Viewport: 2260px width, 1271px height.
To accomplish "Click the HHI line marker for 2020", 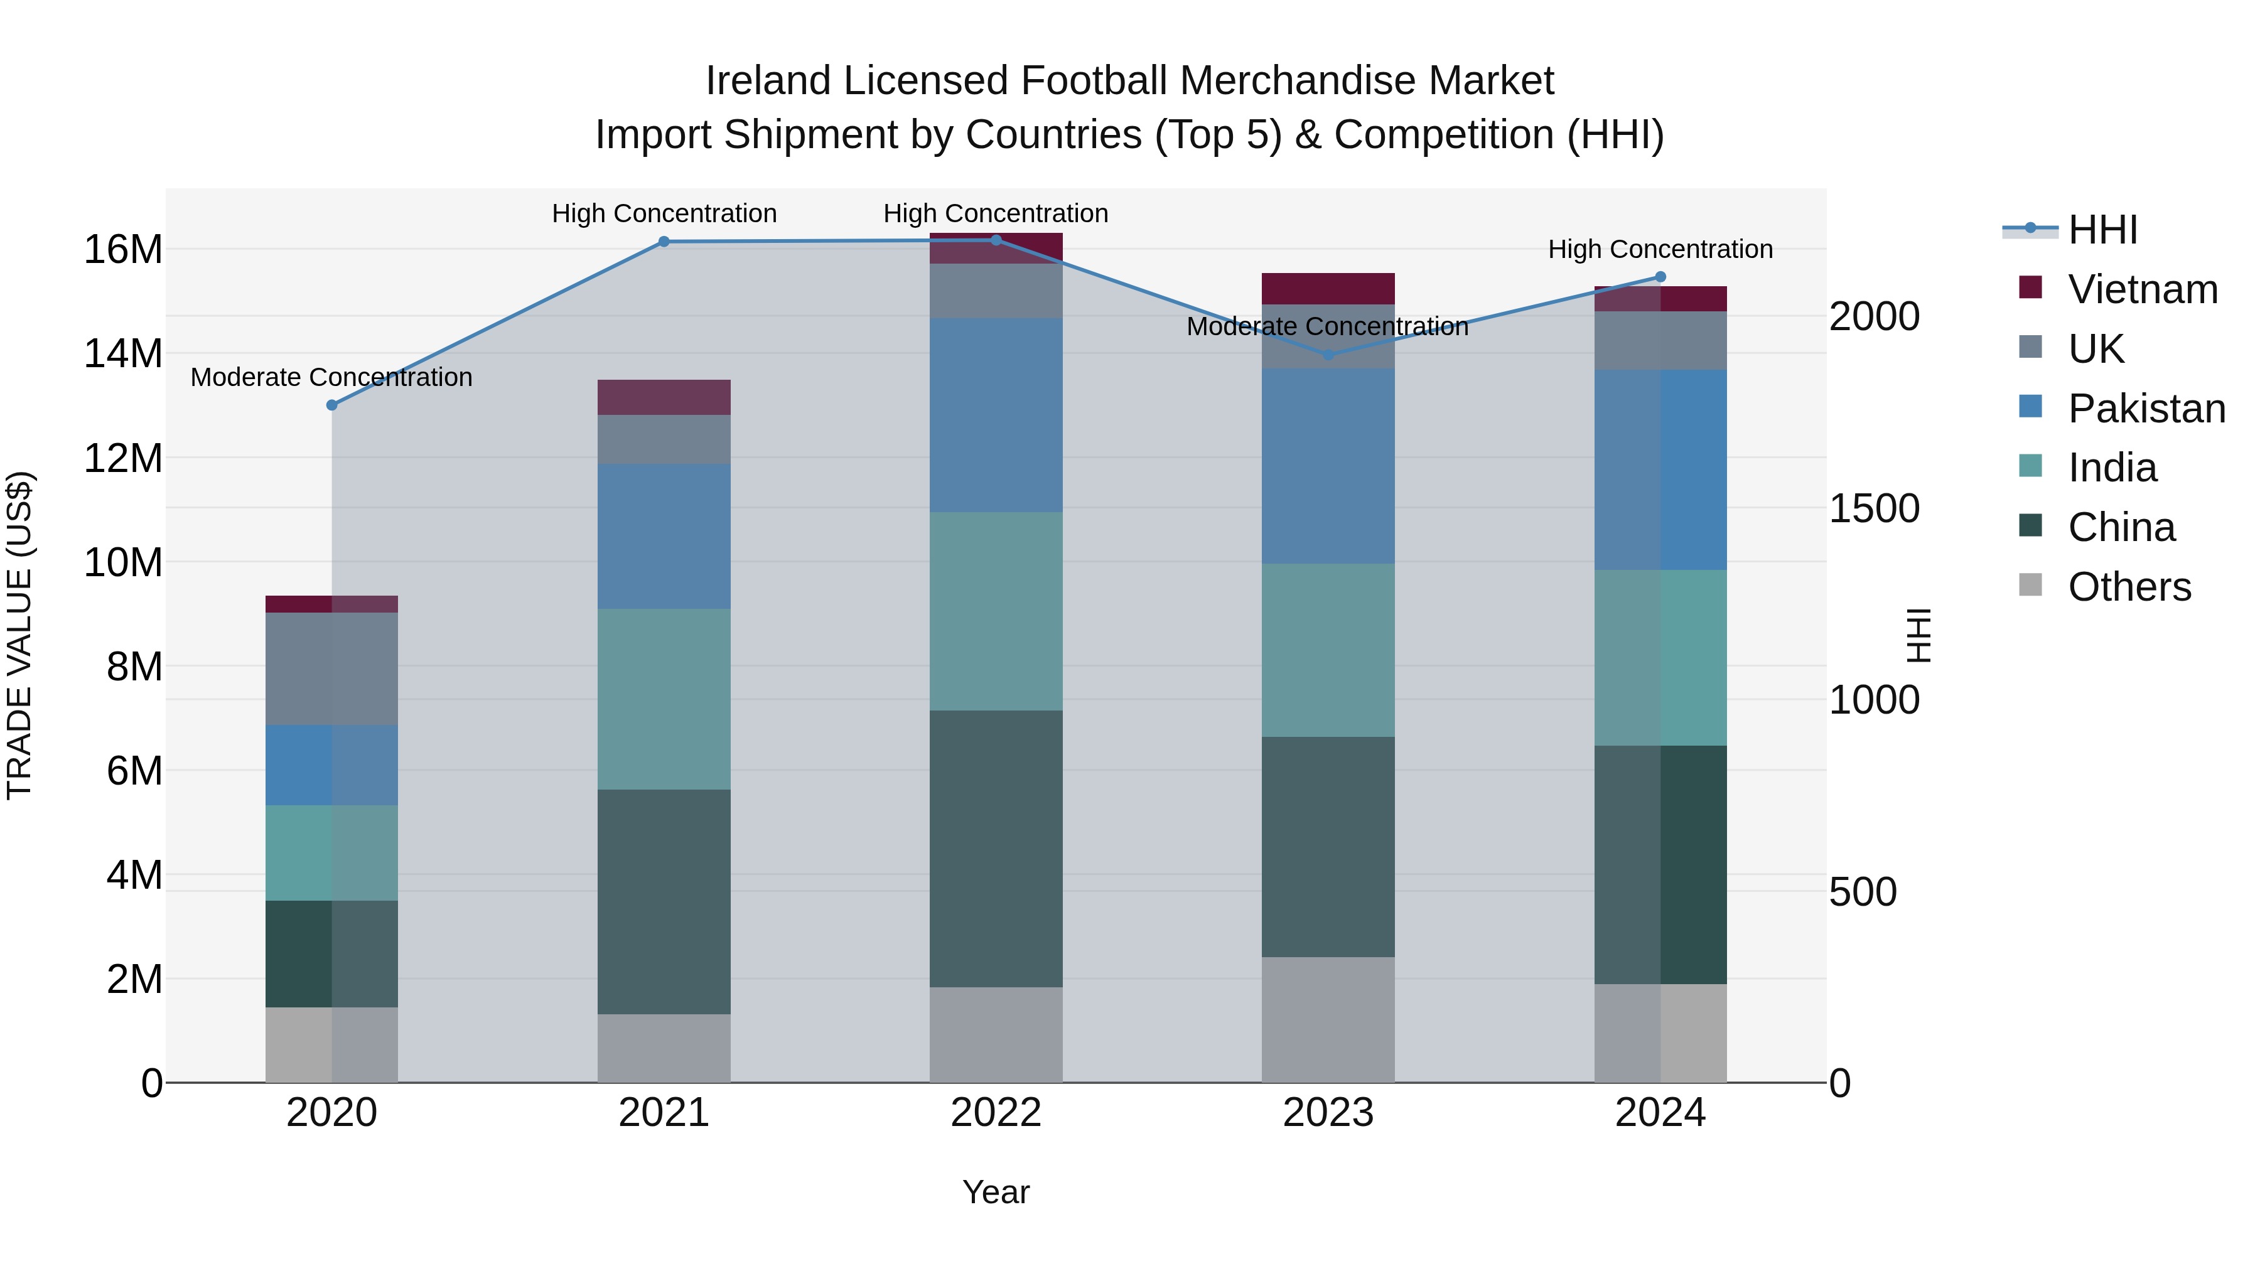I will [331, 405].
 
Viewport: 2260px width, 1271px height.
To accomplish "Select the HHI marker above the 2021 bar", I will [664, 242].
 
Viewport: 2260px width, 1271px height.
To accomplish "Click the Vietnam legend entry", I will [2141, 289].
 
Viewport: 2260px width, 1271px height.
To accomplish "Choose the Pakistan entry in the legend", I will [2145, 409].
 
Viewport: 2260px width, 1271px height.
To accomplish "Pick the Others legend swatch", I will [2030, 585].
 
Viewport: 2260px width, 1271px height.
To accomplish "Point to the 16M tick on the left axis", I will [123, 250].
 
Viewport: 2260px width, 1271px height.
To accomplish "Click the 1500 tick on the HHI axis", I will [1874, 509].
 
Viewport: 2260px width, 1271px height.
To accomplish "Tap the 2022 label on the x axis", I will [996, 1113].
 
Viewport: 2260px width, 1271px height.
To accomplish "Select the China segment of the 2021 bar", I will [664, 902].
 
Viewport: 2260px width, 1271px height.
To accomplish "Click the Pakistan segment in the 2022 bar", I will [996, 416].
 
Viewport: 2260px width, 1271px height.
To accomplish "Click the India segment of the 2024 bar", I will [1660, 658].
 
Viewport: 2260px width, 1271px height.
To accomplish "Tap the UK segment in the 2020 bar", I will [331, 668].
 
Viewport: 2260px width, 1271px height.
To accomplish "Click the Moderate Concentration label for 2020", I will [331, 378].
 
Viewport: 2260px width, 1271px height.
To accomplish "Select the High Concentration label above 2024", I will [1660, 250].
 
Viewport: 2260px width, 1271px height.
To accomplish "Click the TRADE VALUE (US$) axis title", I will [19, 635].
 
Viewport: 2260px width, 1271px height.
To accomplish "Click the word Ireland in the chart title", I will [768, 82].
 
